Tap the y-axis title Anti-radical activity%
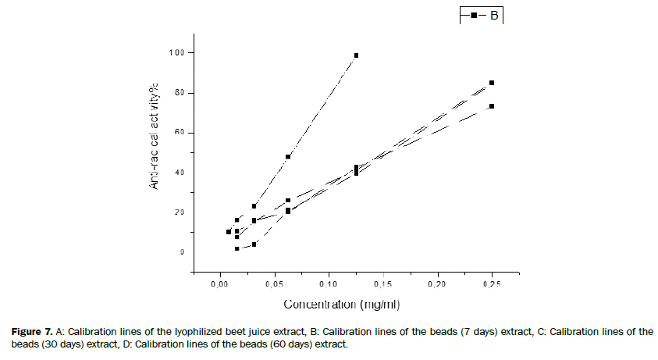pos(155,148)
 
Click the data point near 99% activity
pos(356,55)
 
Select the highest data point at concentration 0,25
pos(492,83)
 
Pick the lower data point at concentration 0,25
pos(492,106)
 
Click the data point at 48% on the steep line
pos(288,157)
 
